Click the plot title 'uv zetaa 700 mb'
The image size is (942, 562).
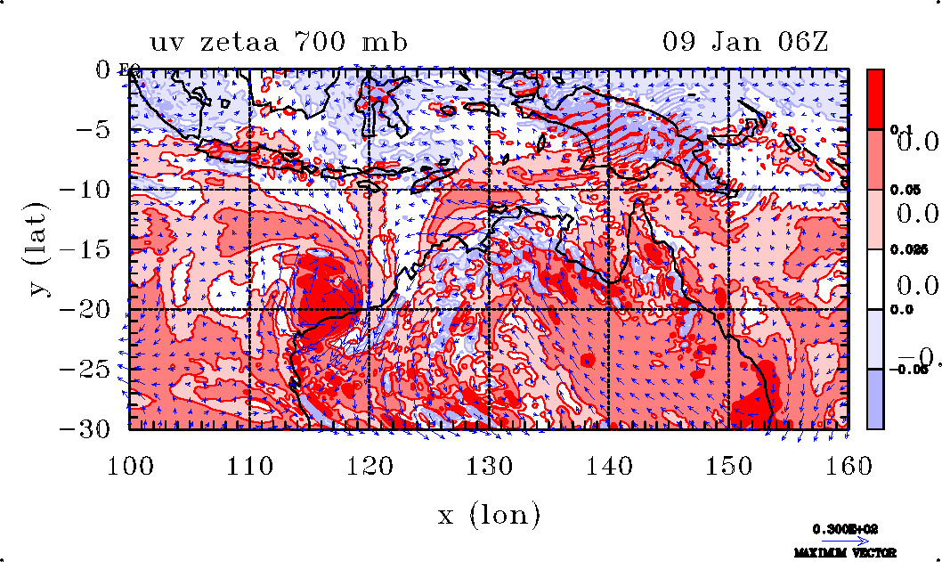pos(279,42)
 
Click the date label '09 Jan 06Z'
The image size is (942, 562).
pos(745,42)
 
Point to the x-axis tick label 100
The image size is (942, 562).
pos(130,465)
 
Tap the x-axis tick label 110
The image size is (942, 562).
pos(250,465)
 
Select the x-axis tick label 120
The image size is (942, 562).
pos(370,465)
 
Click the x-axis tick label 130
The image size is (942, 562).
pos(490,465)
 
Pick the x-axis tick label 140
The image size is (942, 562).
pos(609,465)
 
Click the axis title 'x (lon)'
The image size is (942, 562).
pos(489,515)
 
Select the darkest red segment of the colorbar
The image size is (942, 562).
pos(876,99)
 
